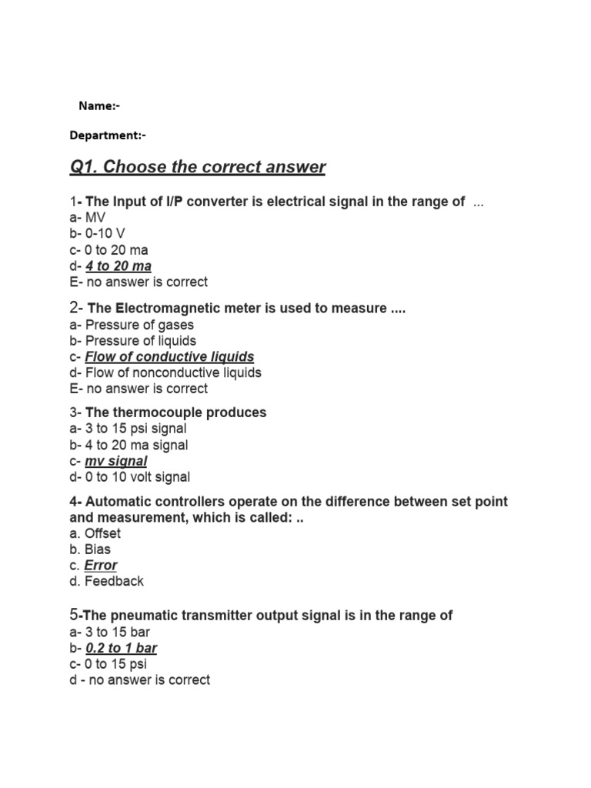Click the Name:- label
point(99,105)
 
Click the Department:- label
point(107,135)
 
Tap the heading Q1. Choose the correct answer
point(198,167)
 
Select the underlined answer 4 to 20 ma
point(119,266)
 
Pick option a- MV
point(86,218)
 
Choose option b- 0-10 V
point(93,234)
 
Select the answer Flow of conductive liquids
point(169,357)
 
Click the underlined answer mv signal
point(115,461)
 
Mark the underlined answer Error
point(101,566)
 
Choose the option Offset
point(102,533)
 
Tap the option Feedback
point(114,582)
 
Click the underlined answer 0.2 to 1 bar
point(122,648)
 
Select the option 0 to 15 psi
point(115,664)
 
